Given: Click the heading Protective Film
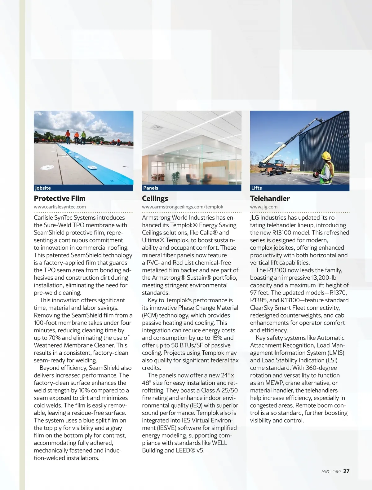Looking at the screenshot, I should [x=60, y=199].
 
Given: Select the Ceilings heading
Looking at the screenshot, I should [x=155, y=199].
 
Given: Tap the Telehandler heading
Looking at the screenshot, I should [x=270, y=199].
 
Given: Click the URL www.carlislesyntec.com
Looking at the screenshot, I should [x=60, y=207].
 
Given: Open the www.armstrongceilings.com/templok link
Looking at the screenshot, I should [x=183, y=207].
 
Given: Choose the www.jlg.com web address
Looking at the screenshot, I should [x=264, y=207].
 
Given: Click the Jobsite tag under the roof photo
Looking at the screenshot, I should [x=43, y=188].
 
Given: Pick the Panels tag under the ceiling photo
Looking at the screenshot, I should [x=151, y=188].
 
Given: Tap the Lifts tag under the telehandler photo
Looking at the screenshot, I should [x=256, y=188].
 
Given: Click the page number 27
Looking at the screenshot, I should [x=346, y=471].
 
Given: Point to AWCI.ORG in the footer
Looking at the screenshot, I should [x=331, y=472].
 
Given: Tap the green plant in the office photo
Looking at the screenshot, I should [x=175, y=177].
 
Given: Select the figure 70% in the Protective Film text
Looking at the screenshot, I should [x=55, y=338].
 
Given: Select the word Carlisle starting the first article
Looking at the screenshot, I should [x=43, y=218].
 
